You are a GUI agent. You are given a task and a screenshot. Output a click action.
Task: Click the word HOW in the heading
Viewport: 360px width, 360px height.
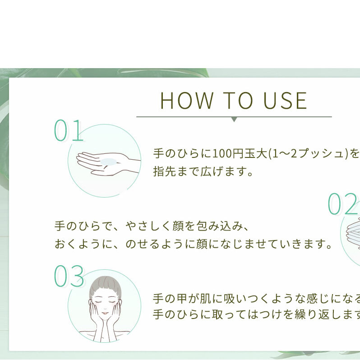coord(187,100)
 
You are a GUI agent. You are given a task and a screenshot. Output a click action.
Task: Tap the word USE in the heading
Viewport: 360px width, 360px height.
coord(285,100)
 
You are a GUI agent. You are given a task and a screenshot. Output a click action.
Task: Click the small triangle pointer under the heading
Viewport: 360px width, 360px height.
coord(234,120)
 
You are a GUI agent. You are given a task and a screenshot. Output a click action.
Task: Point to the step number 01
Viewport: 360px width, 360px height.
coord(68,130)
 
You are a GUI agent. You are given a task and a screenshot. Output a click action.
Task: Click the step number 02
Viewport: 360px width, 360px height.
coord(343,204)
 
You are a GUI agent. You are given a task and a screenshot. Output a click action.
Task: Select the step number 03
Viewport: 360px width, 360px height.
coord(69,276)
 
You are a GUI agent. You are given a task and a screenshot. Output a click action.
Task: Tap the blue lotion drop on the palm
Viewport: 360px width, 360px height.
coord(108,162)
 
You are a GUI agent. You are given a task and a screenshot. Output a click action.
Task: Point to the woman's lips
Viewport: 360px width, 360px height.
coord(105,313)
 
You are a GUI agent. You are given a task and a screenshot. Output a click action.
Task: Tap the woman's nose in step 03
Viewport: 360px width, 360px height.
coord(105,308)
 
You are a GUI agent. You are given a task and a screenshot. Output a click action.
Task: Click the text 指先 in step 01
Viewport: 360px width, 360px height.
coord(165,171)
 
